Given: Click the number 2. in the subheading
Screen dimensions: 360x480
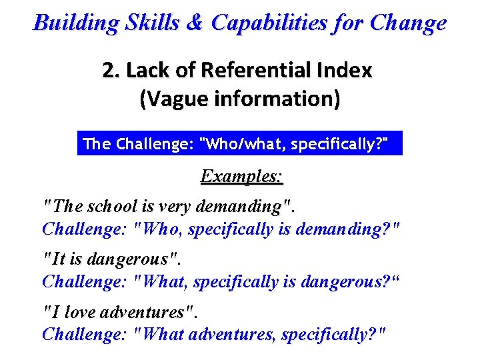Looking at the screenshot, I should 110,71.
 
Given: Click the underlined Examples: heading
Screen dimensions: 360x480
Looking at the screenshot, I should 242,177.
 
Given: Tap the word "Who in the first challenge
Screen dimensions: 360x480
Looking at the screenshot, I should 158,229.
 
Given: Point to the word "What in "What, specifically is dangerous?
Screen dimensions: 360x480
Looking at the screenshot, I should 161,282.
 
